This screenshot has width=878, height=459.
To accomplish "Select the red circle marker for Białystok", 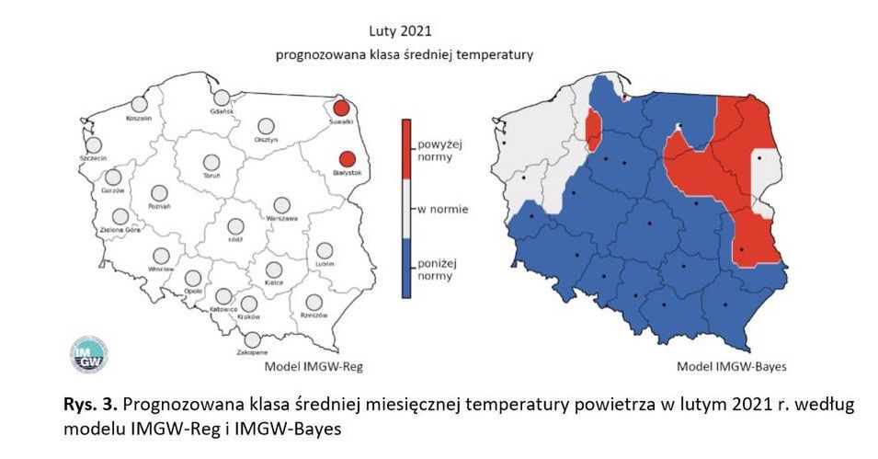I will click(347, 159).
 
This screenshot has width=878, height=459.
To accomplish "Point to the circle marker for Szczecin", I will click(94, 145).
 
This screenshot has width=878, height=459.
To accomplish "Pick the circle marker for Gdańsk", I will click(222, 98).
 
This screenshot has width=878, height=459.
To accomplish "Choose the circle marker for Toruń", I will click(211, 163).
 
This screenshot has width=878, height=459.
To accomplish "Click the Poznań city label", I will click(159, 206).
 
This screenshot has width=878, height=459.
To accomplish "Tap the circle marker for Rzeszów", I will click(314, 302).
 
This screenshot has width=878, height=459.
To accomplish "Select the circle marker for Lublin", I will click(324, 250).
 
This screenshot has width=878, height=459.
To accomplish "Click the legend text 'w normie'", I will click(443, 210).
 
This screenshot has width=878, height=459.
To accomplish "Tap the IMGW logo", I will click(89, 353).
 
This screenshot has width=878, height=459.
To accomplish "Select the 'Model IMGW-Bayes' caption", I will click(732, 366).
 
